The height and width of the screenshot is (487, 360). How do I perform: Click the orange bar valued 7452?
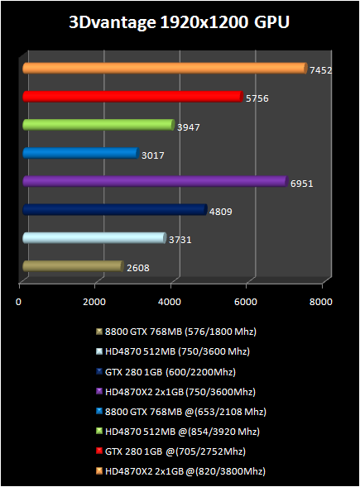(165, 69)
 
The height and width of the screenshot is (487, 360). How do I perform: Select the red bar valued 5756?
(132, 97)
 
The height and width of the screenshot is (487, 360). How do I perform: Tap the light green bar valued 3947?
(98, 125)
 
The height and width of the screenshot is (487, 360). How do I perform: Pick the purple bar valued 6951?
(156, 181)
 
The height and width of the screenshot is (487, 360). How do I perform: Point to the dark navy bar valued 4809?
(115, 210)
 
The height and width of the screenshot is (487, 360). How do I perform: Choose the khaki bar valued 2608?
(73, 266)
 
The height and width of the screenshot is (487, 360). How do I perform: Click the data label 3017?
(152, 155)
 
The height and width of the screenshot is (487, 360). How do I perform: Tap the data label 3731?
(180, 240)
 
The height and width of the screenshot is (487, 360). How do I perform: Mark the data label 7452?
(321, 70)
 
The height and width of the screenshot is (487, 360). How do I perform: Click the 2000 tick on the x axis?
(94, 302)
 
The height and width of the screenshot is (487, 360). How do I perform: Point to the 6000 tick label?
(246, 302)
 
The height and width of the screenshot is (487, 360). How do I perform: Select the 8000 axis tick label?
(321, 302)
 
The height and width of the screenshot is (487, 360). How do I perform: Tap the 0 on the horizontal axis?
(19, 302)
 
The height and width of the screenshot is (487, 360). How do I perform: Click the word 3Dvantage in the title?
(113, 22)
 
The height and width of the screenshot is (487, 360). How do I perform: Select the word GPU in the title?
(271, 22)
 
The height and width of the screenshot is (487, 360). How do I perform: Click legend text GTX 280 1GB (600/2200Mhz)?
(170, 372)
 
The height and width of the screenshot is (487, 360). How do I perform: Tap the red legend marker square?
(99, 451)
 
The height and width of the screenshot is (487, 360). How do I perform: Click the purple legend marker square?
(99, 391)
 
